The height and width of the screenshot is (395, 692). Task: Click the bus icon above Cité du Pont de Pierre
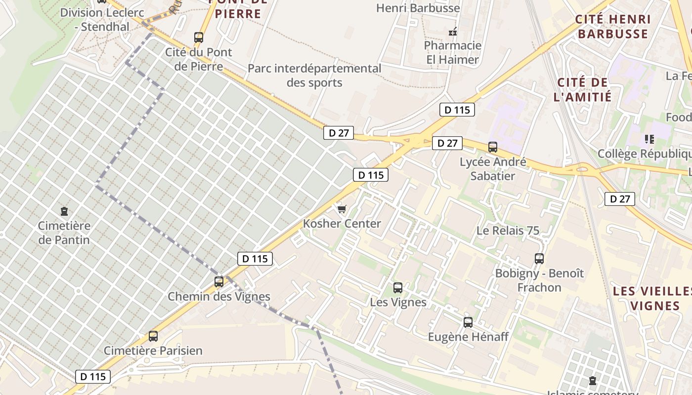pyautogui.click(x=199, y=37)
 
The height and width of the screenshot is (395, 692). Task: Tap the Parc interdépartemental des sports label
pyautogui.click(x=314, y=76)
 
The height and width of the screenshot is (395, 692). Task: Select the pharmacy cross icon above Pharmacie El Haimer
pyautogui.click(x=452, y=32)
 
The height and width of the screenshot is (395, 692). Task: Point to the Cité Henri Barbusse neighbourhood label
pyautogui.click(x=613, y=27)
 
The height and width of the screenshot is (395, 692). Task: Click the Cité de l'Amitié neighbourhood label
pyautogui.click(x=583, y=89)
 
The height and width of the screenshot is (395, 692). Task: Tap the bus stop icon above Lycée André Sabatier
pyautogui.click(x=493, y=147)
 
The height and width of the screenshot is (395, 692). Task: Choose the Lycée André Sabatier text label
pyautogui.click(x=493, y=169)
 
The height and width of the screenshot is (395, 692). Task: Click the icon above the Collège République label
pyautogui.click(x=649, y=139)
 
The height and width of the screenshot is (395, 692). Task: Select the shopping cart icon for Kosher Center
pyautogui.click(x=342, y=209)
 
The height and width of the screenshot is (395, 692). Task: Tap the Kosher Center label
pyautogui.click(x=342, y=224)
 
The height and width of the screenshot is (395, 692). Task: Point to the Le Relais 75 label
pyautogui.click(x=508, y=231)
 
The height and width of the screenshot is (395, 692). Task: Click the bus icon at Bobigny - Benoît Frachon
pyautogui.click(x=539, y=258)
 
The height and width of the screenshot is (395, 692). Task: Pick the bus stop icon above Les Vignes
pyautogui.click(x=398, y=287)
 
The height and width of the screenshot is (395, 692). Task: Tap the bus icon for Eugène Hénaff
pyautogui.click(x=468, y=322)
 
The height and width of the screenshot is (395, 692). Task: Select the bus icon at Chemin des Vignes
pyautogui.click(x=219, y=282)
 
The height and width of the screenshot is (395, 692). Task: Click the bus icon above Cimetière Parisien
pyautogui.click(x=153, y=336)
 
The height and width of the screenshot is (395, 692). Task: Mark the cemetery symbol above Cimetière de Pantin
pyautogui.click(x=64, y=211)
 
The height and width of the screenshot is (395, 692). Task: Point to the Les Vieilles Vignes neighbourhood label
pyautogui.click(x=652, y=298)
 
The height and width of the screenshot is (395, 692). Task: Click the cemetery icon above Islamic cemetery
pyautogui.click(x=593, y=381)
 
